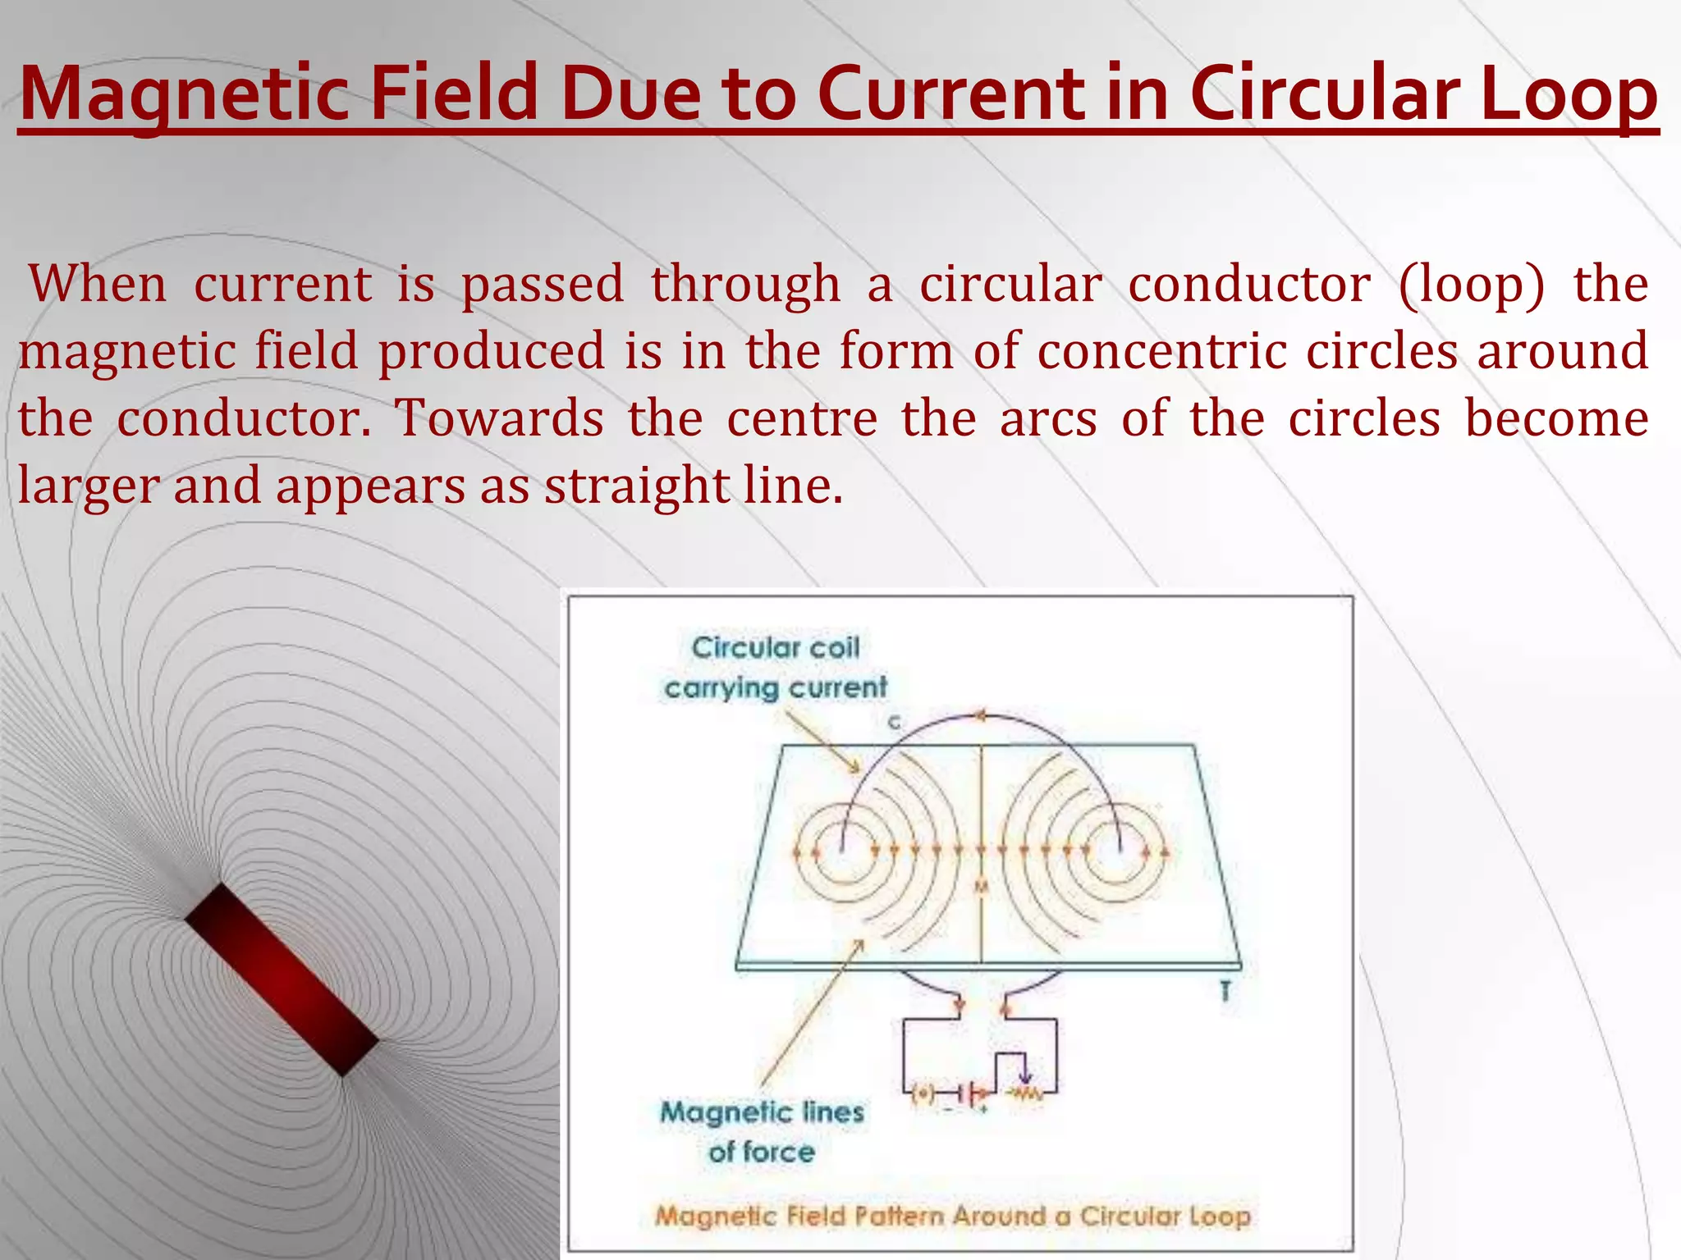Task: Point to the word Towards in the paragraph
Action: point(500,418)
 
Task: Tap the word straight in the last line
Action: point(637,486)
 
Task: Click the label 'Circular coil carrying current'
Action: point(776,668)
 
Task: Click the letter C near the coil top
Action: point(894,723)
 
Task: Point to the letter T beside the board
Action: point(1225,992)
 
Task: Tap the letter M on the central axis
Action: point(981,887)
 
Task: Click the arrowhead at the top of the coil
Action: point(978,715)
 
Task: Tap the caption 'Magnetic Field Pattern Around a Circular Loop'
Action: point(952,1216)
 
